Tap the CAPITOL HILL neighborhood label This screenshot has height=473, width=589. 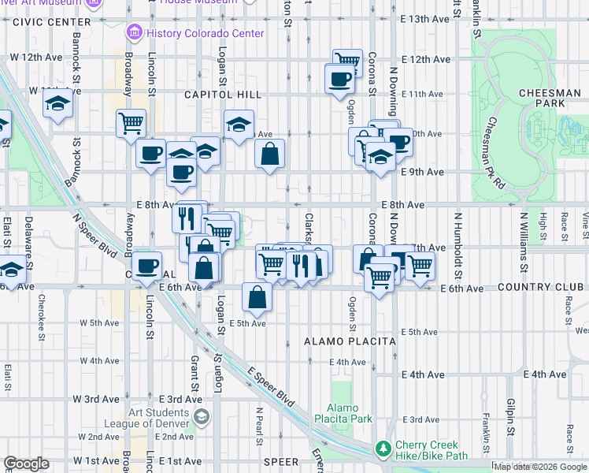[x=217, y=95]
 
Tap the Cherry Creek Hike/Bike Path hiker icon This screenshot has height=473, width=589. [x=383, y=449]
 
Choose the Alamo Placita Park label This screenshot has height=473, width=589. [x=344, y=413]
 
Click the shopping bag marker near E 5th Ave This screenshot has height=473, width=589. [x=257, y=297]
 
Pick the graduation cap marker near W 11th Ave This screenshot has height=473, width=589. [x=57, y=104]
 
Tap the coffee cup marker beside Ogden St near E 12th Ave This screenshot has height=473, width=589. [x=339, y=79]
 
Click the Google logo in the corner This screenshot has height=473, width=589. [x=27, y=464]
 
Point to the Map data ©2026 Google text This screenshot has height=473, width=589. [x=539, y=467]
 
